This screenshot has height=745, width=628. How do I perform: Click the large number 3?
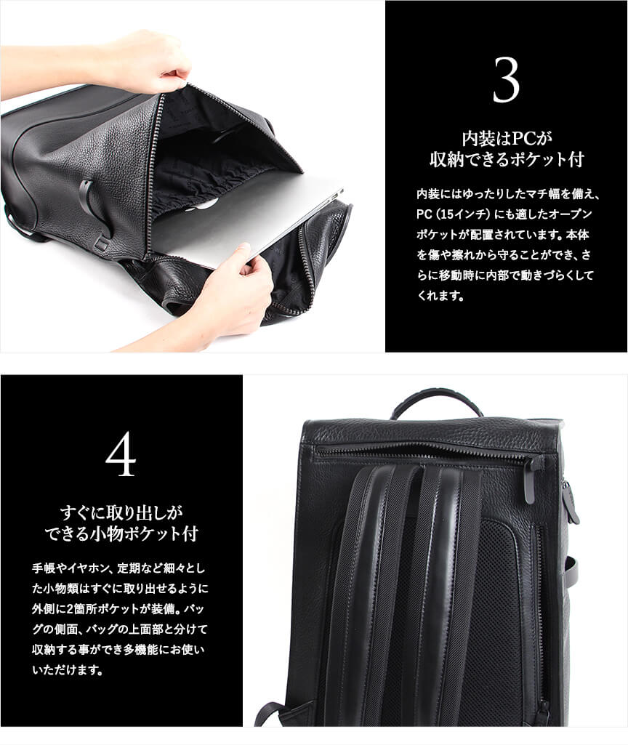click(506, 80)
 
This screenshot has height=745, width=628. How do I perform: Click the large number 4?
click(121, 454)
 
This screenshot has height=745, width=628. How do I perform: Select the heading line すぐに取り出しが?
click(121, 513)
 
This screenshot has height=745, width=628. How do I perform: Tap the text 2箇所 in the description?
click(78, 609)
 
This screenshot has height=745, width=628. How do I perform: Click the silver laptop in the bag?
click(246, 225)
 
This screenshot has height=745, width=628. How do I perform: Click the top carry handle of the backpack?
click(434, 404)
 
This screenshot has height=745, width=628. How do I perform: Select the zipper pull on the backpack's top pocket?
click(531, 478)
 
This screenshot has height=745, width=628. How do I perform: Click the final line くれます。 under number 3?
click(440, 296)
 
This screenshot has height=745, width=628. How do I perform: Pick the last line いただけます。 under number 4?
click(68, 670)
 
